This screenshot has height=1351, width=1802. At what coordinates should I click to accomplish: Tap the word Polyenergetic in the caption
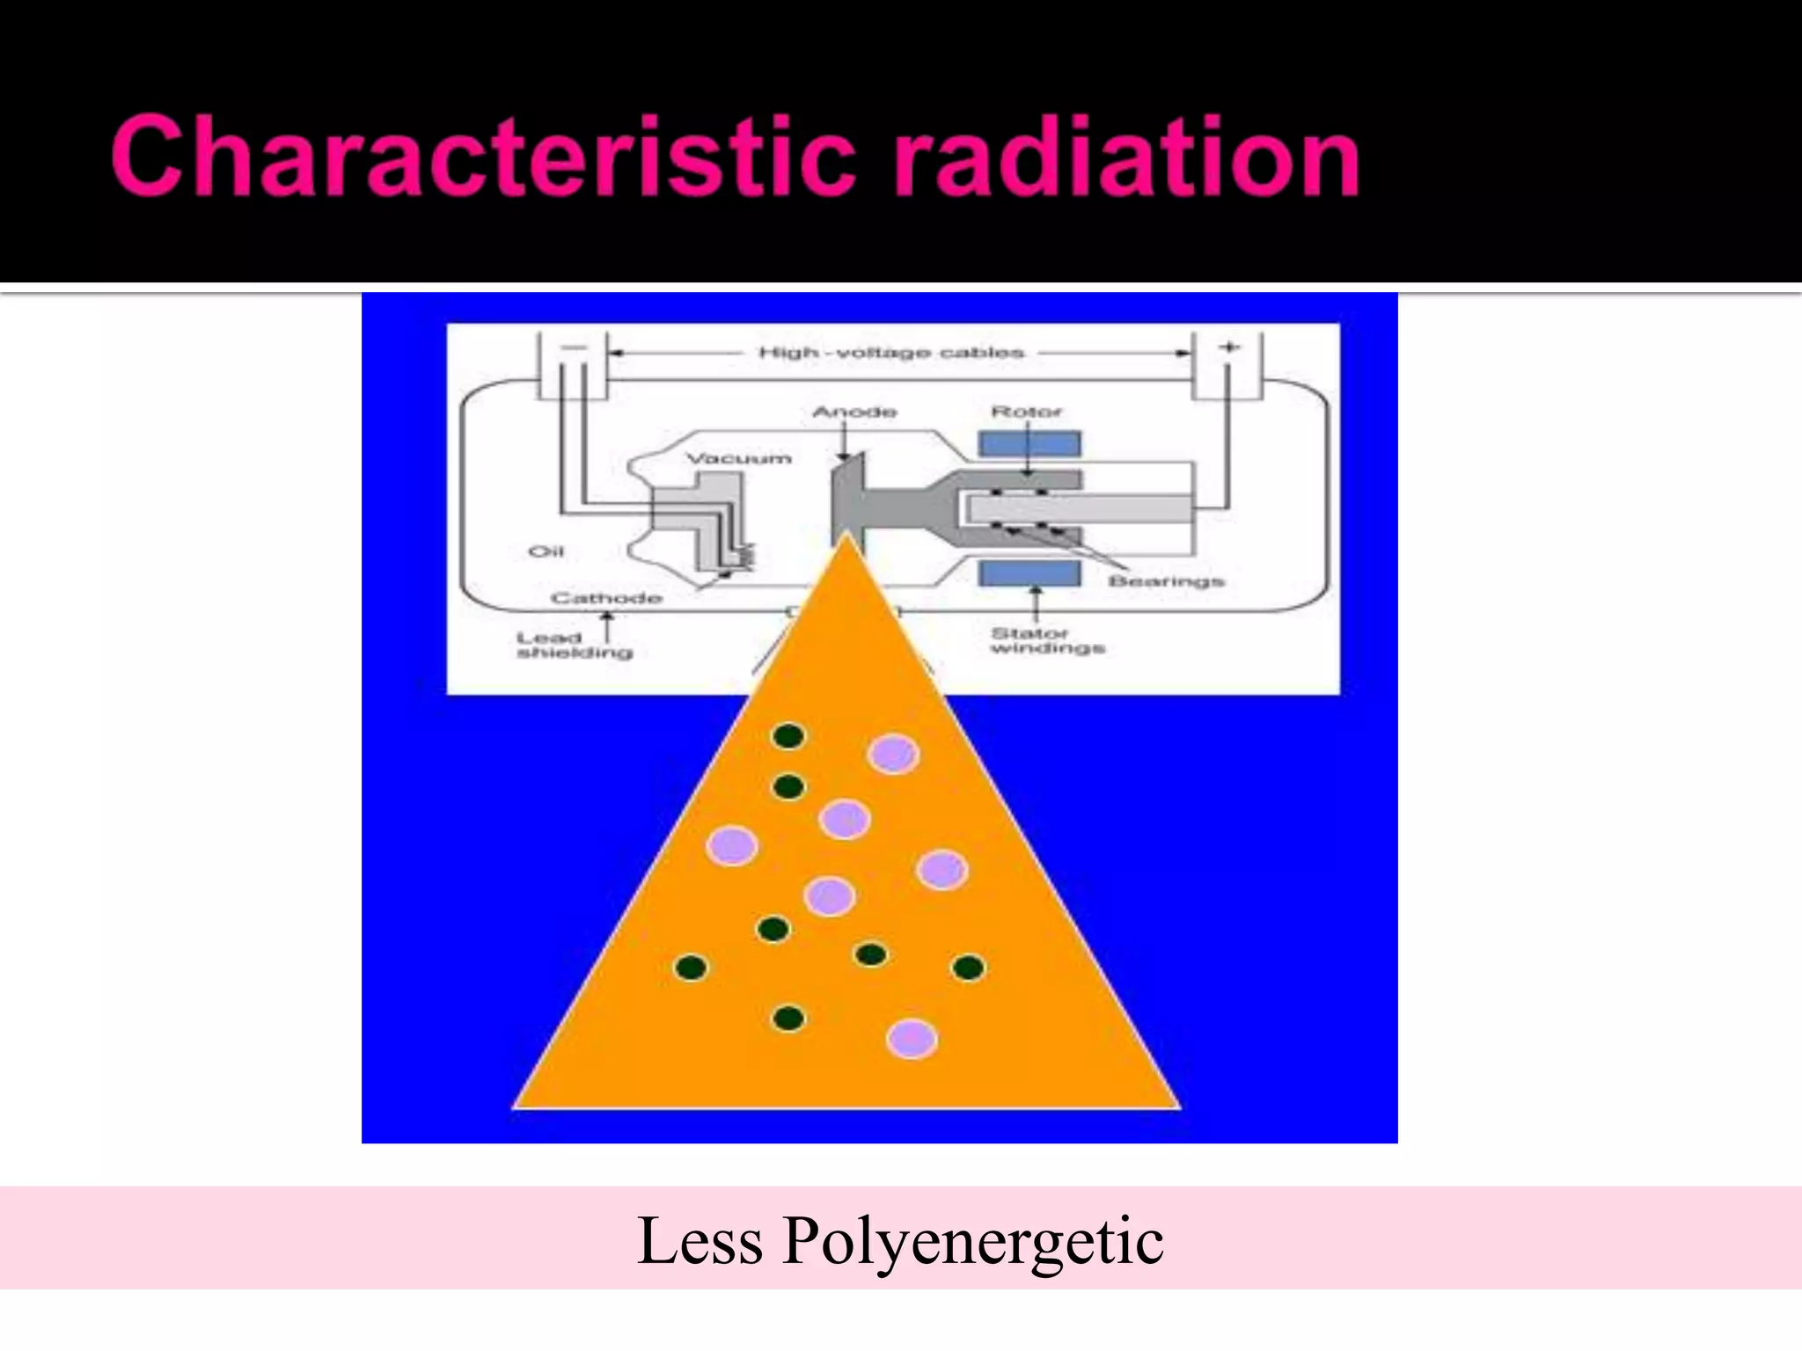click(x=972, y=1240)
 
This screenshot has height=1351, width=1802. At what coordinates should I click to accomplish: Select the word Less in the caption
click(x=700, y=1240)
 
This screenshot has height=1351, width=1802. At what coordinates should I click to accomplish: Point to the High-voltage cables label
click(x=891, y=353)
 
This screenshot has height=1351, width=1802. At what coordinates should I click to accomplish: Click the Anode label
click(x=854, y=412)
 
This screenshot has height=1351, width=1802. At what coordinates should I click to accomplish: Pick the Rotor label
click(x=1027, y=412)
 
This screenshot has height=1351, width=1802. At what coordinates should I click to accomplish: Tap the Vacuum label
click(x=738, y=458)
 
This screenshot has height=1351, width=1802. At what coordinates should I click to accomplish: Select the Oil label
click(x=546, y=551)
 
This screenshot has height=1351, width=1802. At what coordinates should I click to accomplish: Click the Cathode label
click(x=606, y=598)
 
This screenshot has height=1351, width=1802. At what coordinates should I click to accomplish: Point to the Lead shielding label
click(x=574, y=645)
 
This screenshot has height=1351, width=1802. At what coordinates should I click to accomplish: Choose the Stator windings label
click(x=1047, y=640)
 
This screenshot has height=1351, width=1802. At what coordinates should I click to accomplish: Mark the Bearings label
click(x=1166, y=581)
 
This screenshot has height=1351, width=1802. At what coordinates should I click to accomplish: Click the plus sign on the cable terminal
click(x=1228, y=347)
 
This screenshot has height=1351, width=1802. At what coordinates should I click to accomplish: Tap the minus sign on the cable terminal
click(x=573, y=347)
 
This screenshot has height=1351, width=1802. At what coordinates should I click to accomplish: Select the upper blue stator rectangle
click(x=1029, y=444)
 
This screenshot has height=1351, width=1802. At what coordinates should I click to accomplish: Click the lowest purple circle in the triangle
click(x=912, y=1039)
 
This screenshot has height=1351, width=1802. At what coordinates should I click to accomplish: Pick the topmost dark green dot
click(x=788, y=736)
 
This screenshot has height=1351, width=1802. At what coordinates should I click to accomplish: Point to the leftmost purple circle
click(x=732, y=846)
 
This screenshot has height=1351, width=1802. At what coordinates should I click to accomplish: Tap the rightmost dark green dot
click(x=969, y=968)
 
